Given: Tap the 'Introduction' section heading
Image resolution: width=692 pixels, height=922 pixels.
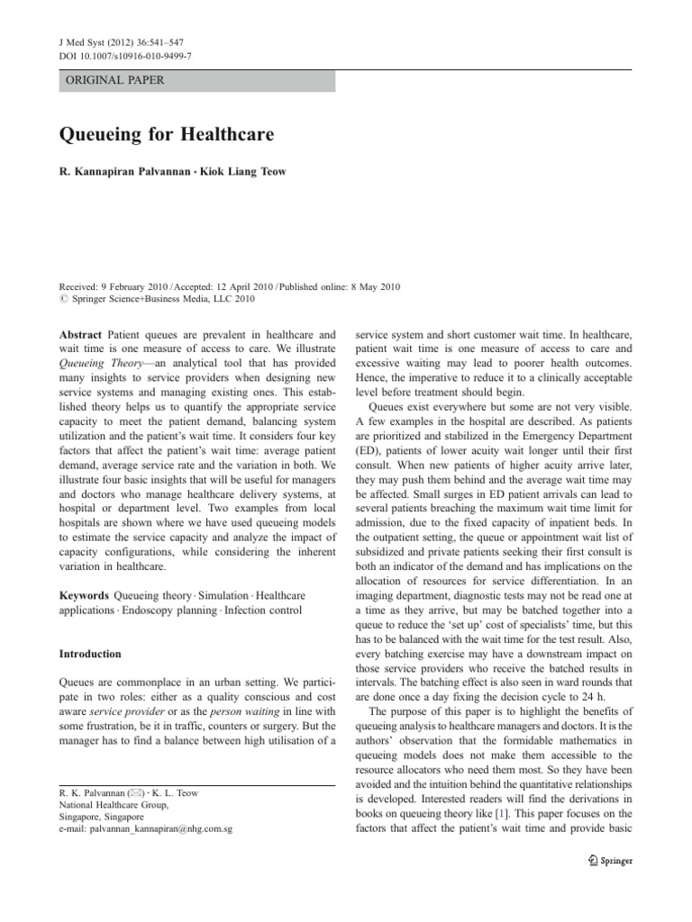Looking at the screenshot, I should (92, 654).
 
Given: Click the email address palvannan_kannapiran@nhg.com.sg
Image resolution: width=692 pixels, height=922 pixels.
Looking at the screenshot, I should (146, 828).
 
